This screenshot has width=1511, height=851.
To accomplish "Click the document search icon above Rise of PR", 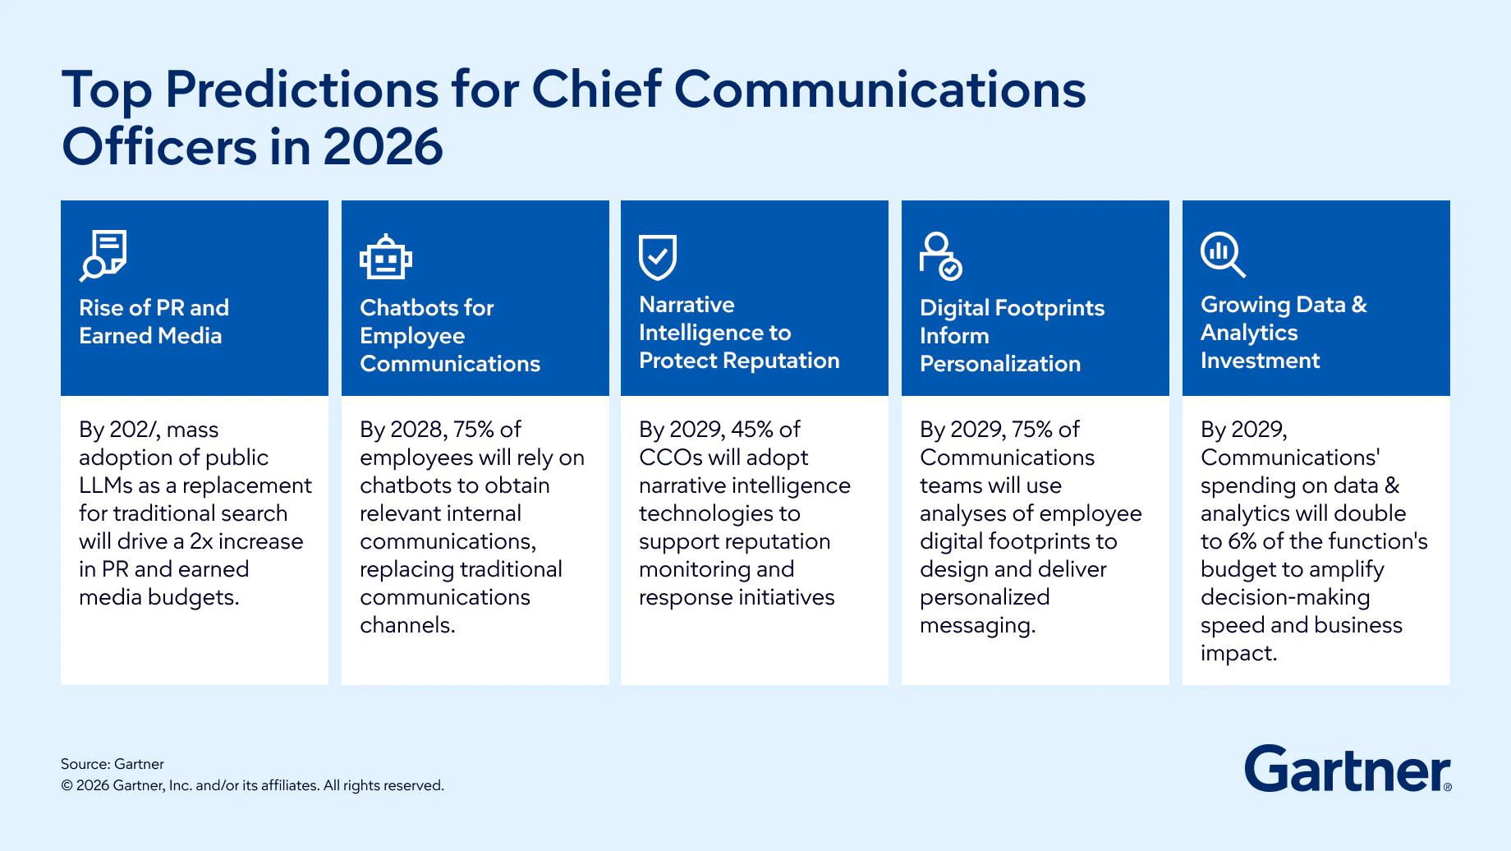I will (103, 255).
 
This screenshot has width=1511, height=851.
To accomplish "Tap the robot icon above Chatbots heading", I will (385, 258).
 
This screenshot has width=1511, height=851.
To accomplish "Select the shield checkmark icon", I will (658, 257).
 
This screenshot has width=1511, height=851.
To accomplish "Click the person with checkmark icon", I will (940, 256).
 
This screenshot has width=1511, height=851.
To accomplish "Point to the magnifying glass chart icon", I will (1222, 255).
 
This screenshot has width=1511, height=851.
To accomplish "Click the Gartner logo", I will (1348, 769).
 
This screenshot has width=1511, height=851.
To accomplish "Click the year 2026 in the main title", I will (383, 147).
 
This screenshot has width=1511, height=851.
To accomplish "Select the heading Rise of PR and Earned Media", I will (154, 321).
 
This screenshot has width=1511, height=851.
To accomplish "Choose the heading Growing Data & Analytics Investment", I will (1283, 332).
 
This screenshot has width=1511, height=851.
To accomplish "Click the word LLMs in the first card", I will (108, 485).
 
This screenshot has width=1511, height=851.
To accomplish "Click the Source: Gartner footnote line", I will (113, 764).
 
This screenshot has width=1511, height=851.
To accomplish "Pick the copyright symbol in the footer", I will (67, 786).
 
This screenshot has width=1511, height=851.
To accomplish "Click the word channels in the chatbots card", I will (406, 625).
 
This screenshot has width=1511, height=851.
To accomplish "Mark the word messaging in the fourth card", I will (976, 626).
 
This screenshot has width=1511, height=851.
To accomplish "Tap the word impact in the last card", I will (1238, 653).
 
